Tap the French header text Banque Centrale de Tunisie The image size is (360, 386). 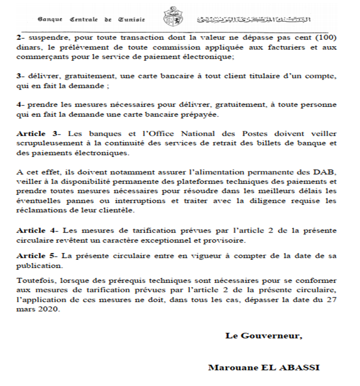(x=91, y=20)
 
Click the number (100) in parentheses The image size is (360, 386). (x=327, y=38)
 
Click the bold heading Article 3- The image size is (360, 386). (x=39, y=134)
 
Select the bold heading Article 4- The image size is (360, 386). (x=39, y=230)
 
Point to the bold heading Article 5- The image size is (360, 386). (x=39, y=256)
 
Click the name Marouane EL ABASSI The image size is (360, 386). (x=264, y=368)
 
